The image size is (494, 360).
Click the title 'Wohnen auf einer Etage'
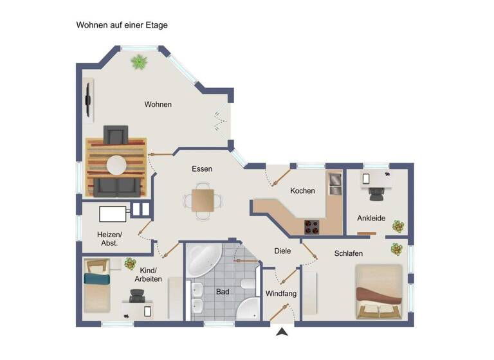pyautogui.click(x=122, y=25)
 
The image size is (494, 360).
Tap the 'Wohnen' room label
pyautogui.click(x=158, y=104)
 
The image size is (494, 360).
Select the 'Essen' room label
pyautogui.click(x=202, y=169)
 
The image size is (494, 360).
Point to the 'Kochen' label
pyautogui.click(x=302, y=191)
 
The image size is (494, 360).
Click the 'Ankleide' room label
pyautogui.click(x=371, y=219)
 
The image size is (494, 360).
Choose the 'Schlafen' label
pyautogui.click(x=348, y=253)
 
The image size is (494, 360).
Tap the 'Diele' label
pyautogui.click(x=282, y=251)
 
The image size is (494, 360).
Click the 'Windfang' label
pyautogui.click(x=281, y=294)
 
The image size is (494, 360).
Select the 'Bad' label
pyautogui.click(x=223, y=292)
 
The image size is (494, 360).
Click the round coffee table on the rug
pyautogui.click(x=116, y=165)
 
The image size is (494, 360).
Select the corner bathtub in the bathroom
pyautogui.click(x=203, y=258)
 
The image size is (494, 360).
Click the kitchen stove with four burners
pyautogui.click(x=312, y=227)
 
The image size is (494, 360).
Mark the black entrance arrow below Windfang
pyautogui.click(x=281, y=332)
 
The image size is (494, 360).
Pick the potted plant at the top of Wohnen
pyautogui.click(x=139, y=62)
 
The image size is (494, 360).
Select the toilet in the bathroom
pyautogui.click(x=246, y=283)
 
